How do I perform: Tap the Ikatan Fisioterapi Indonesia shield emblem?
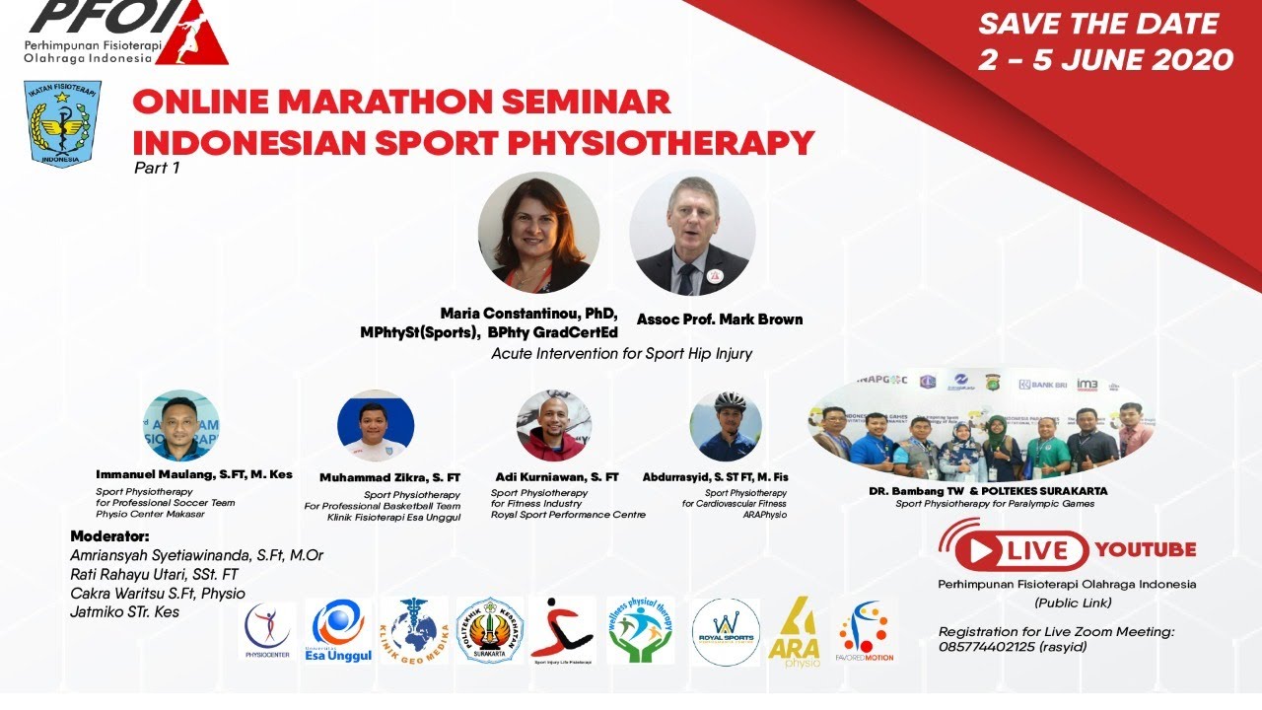[62, 124]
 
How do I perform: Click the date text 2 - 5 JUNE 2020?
[1105, 58]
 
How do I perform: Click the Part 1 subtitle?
[157, 168]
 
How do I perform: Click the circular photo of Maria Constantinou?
[538, 233]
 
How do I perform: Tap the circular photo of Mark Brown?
[692, 233]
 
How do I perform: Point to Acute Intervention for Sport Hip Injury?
[621, 353]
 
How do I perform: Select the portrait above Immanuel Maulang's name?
[180, 425]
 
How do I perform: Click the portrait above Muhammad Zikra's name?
[376, 426]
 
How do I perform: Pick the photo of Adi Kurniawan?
[554, 426]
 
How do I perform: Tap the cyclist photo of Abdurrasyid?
[726, 426]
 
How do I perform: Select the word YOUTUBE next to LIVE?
[1145, 549]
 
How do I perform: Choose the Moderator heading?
[109, 536]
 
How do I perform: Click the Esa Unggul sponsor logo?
[338, 630]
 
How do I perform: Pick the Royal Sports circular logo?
[726, 631]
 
